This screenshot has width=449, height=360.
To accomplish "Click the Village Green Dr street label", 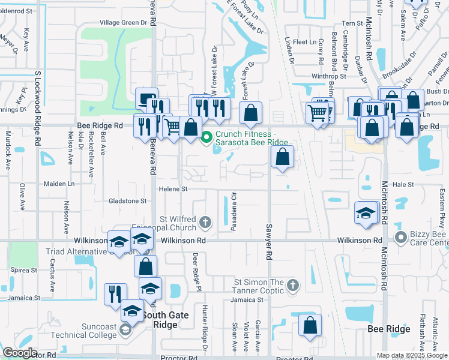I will pos(123,22).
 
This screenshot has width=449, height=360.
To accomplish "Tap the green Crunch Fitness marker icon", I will pos(207,137).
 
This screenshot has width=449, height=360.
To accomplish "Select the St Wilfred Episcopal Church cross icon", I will pos(205,223).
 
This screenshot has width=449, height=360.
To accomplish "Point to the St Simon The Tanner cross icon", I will pos(292,284).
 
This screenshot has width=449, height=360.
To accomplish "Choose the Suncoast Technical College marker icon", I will pos(125,329).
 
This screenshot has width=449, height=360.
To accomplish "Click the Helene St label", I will pos(173,189).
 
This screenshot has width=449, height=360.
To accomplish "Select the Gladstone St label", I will pos(127,200).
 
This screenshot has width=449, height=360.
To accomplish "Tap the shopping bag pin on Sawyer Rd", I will pos(282,158).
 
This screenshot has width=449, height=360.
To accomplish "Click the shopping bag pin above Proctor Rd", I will pos(310,326).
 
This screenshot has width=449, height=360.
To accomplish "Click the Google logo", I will pos(20,353).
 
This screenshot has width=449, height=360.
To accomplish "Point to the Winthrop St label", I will pos(329,76).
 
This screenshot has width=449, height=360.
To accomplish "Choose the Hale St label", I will pos(403,185).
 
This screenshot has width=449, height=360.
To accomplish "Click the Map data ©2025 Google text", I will pos(412,355).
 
